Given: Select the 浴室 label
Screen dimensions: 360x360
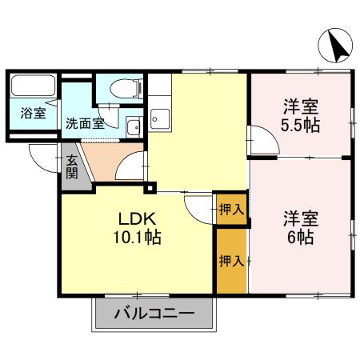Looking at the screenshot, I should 33,114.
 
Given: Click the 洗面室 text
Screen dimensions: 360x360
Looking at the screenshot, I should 84,124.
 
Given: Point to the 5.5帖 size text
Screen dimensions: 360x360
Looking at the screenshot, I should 302,126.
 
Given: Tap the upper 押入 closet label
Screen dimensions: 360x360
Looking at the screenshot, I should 230,210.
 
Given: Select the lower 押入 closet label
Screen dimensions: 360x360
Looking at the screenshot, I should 230,261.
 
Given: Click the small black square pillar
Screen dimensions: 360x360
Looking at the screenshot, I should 149,189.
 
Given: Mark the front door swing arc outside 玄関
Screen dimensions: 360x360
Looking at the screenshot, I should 42,155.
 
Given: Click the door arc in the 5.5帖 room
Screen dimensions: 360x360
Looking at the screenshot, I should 262,141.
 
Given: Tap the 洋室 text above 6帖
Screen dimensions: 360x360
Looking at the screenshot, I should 302,218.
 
